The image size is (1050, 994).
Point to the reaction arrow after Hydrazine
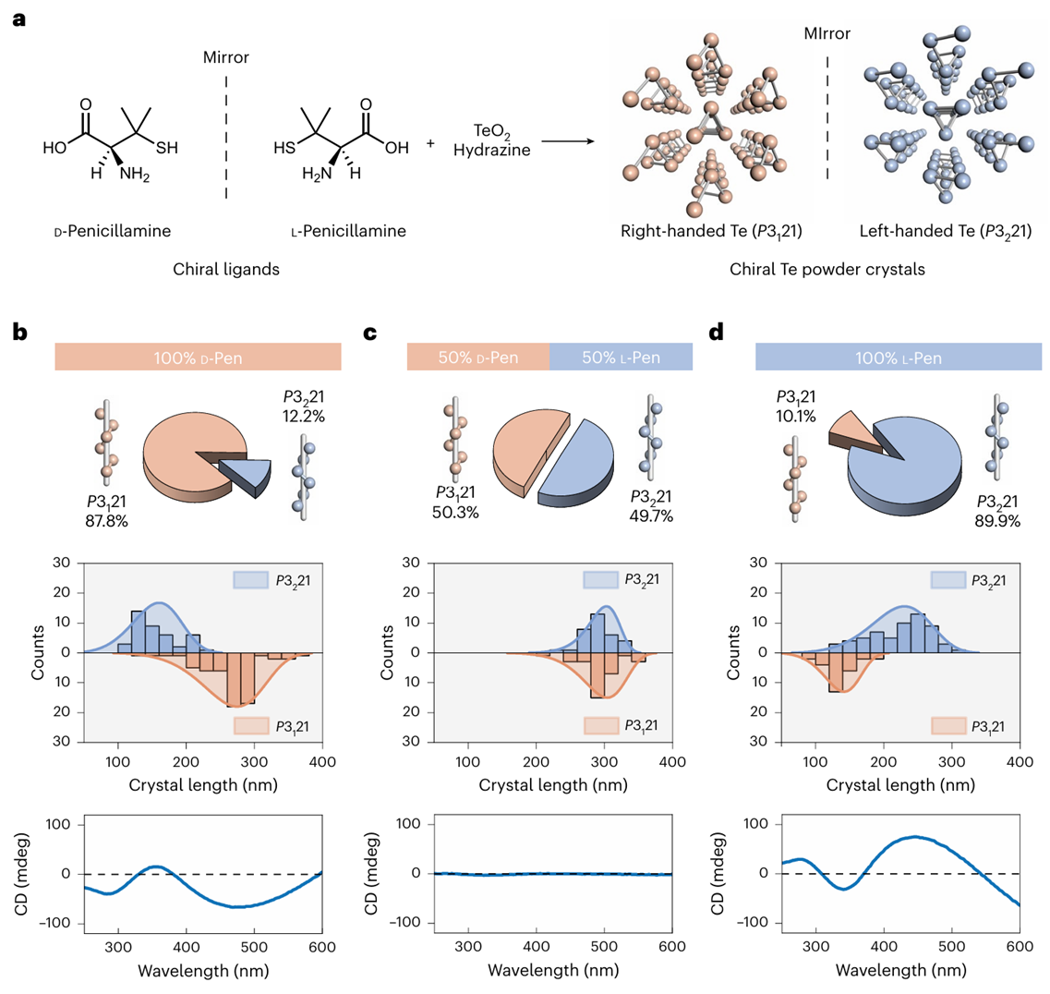566,142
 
